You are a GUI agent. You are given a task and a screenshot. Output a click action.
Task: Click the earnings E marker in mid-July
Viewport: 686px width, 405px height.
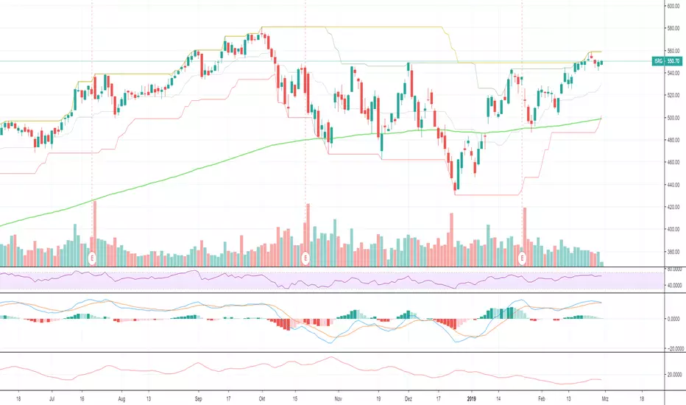[x=92, y=258]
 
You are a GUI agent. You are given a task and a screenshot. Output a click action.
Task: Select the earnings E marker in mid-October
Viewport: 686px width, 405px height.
[x=306, y=258]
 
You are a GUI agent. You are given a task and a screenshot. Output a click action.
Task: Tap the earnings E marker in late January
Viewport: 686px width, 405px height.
[x=523, y=258]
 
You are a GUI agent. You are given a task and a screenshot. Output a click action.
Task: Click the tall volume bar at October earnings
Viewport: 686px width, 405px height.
[x=308, y=234]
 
